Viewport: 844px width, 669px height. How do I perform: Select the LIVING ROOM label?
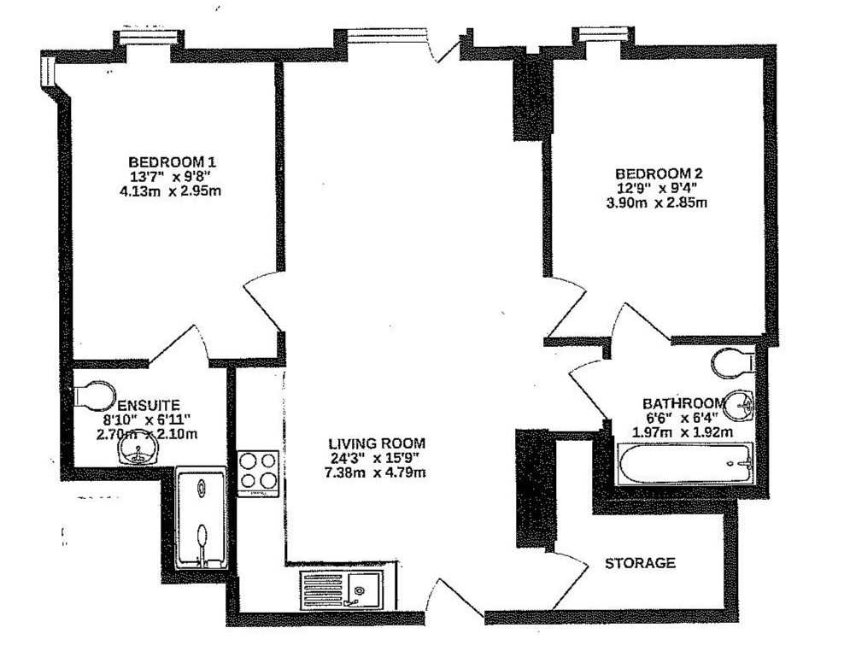click(x=377, y=444)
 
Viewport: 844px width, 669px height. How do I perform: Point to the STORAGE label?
click(x=640, y=564)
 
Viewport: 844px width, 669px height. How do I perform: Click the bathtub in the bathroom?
click(x=686, y=465)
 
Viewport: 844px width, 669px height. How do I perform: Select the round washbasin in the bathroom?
click(x=740, y=404)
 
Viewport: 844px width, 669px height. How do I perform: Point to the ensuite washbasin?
click(x=137, y=451)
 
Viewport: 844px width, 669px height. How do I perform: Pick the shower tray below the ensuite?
click(x=201, y=518)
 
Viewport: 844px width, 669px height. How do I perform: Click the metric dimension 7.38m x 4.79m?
click(x=377, y=472)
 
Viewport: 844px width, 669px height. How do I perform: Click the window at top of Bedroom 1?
click(x=149, y=38)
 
